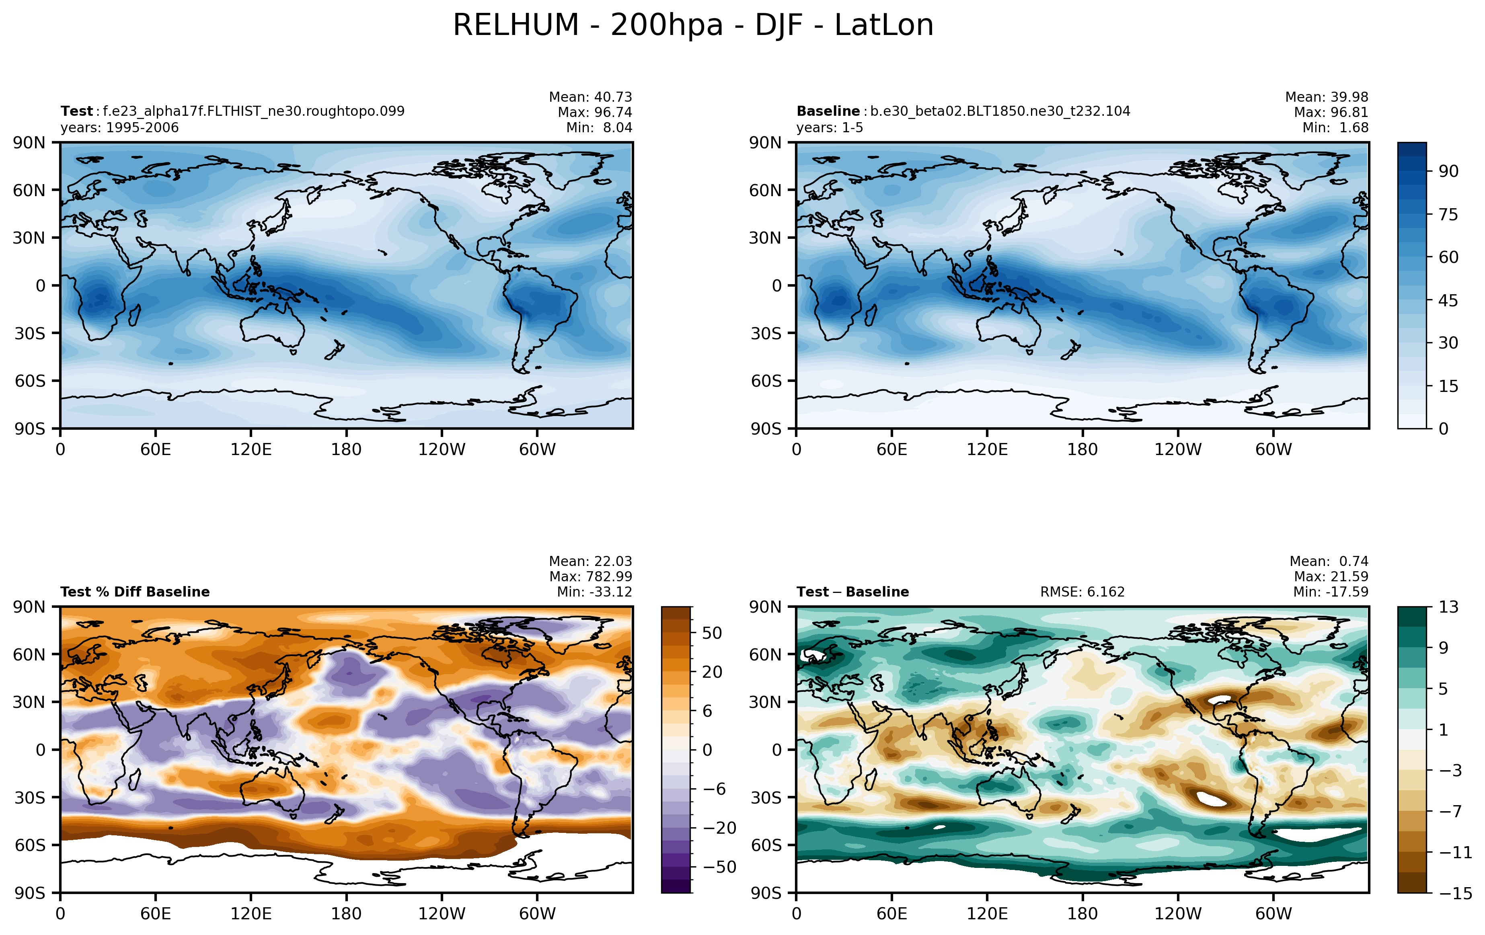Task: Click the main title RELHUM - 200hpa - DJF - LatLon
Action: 693,26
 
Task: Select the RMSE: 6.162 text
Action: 1082,592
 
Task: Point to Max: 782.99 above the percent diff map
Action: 591,576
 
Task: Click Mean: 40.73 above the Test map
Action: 591,97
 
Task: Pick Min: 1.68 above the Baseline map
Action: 1335,127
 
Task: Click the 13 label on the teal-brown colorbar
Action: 1449,607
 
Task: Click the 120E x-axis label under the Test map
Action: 251,449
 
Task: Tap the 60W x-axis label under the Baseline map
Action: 1273,449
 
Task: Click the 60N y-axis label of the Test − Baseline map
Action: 765,654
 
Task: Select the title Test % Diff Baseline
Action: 135,592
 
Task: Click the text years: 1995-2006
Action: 120,127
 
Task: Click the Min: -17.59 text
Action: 1331,592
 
